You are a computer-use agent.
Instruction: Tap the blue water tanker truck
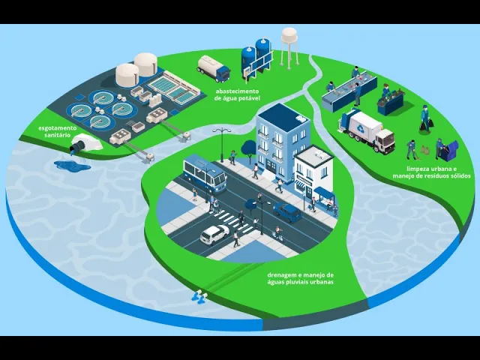(213, 68)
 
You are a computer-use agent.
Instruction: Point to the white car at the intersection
(214, 235)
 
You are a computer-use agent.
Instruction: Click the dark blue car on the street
(287, 212)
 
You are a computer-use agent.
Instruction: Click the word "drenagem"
(283, 274)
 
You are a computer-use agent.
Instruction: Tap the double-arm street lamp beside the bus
(223, 136)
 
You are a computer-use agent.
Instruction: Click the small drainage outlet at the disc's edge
(200, 296)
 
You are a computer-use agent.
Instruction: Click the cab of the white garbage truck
(385, 139)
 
